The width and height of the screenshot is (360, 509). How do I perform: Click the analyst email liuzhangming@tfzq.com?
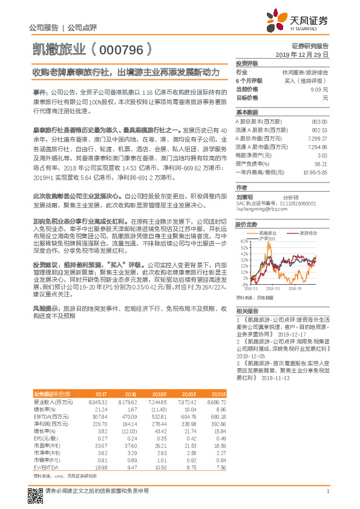coord(261,210)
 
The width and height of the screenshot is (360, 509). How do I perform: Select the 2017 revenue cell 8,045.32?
coord(97,402)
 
